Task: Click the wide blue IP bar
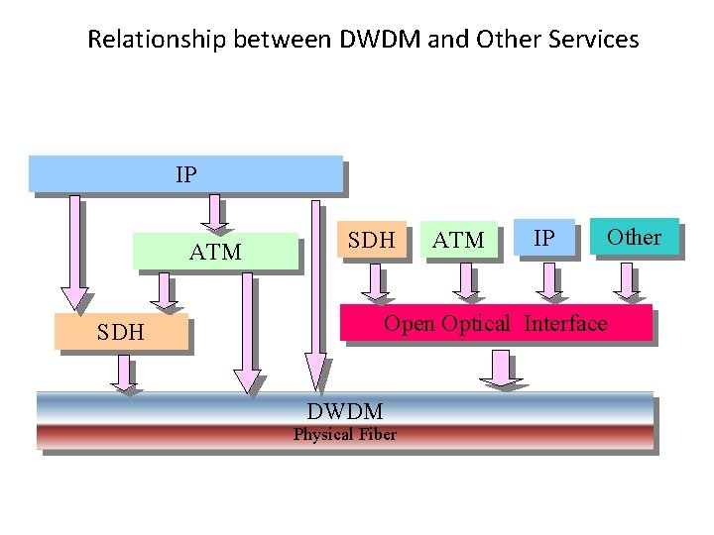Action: [x=185, y=173]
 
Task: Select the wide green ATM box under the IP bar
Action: [x=215, y=252]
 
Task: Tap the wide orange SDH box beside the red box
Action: [x=121, y=332]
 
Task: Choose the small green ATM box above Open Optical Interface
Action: [x=458, y=240]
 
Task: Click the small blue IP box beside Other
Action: [x=543, y=239]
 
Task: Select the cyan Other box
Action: [x=634, y=237]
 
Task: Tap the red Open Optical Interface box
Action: [x=495, y=323]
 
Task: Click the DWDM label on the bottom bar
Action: [x=344, y=411]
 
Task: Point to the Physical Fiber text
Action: [x=344, y=435]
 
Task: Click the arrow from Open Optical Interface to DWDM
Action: [x=499, y=368]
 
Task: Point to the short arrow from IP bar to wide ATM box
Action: [x=215, y=210]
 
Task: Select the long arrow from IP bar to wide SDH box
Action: [x=73, y=253]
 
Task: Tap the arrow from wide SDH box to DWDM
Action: [x=122, y=374]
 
